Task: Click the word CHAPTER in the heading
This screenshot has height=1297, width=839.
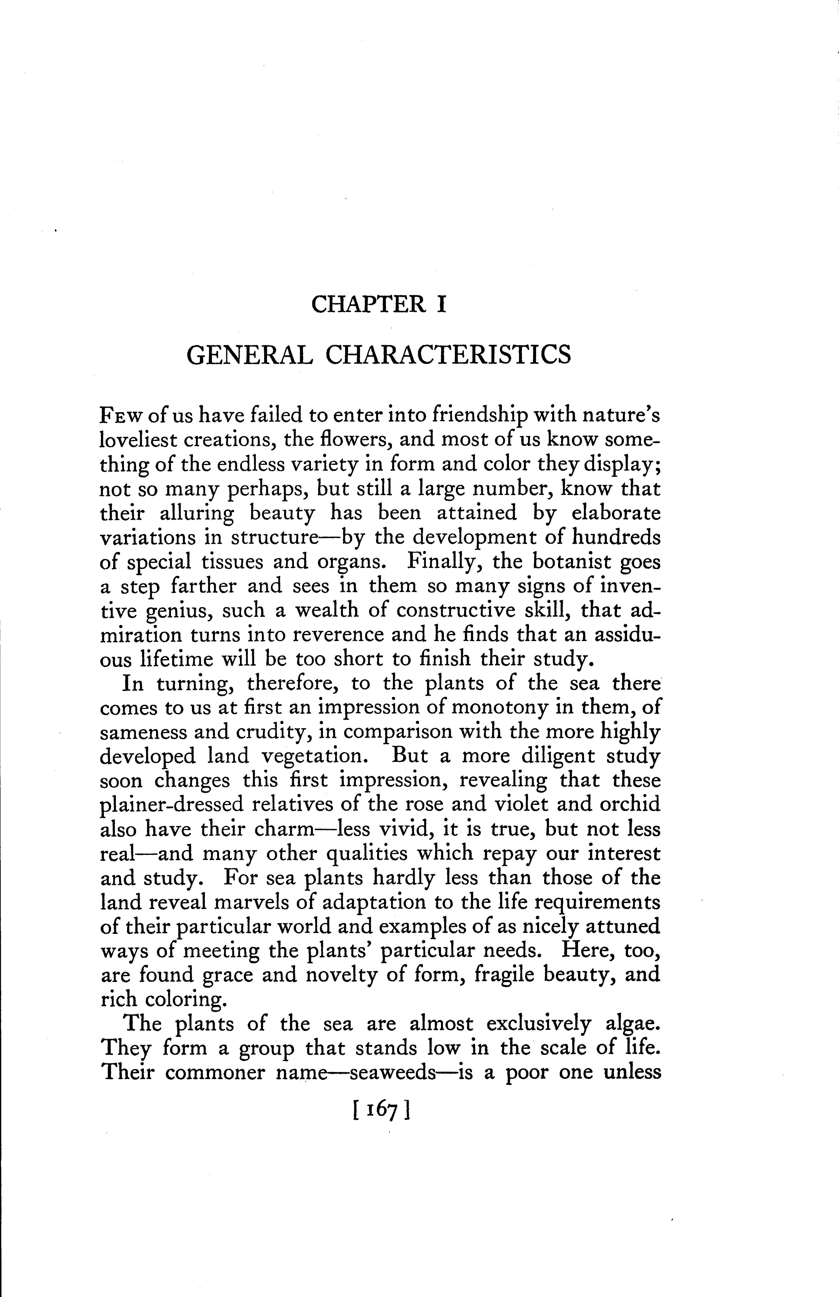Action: click(x=368, y=304)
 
